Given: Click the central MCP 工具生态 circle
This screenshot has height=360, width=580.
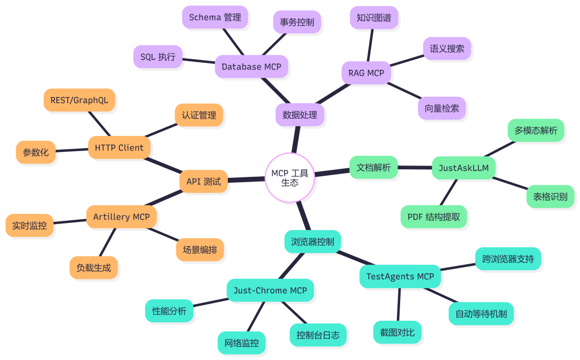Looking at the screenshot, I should click(x=290, y=178).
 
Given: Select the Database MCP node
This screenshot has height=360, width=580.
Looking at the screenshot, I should click(x=251, y=67).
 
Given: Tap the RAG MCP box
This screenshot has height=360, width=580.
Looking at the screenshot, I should click(x=366, y=73).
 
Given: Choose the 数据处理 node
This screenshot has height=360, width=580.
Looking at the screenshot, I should click(x=300, y=115).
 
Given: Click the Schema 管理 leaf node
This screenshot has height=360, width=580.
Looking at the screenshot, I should click(x=215, y=17).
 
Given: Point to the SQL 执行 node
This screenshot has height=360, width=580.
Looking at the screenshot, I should click(x=158, y=56).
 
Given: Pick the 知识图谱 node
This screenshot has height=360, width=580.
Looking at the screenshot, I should click(x=374, y=18).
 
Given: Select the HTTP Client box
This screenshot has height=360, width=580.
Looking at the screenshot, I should click(x=119, y=148).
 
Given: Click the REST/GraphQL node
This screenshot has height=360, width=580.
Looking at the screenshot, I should click(x=79, y=100).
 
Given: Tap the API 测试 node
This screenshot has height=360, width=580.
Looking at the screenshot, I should click(x=204, y=182).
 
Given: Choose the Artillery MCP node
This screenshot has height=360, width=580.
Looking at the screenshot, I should click(x=121, y=217).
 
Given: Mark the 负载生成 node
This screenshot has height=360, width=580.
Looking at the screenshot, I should click(x=93, y=268).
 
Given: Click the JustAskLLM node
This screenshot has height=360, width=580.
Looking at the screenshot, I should click(x=463, y=168).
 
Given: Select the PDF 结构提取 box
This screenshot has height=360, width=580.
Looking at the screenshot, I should click(x=433, y=217).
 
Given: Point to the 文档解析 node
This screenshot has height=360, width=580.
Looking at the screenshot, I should click(x=373, y=167).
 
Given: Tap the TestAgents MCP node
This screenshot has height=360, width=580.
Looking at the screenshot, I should click(x=400, y=277).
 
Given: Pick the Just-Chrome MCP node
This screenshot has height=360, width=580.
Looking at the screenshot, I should click(x=270, y=291).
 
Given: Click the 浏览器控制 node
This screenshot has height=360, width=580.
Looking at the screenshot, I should click(x=313, y=242).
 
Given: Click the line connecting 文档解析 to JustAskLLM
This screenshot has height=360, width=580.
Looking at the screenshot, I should click(x=415, y=168).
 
